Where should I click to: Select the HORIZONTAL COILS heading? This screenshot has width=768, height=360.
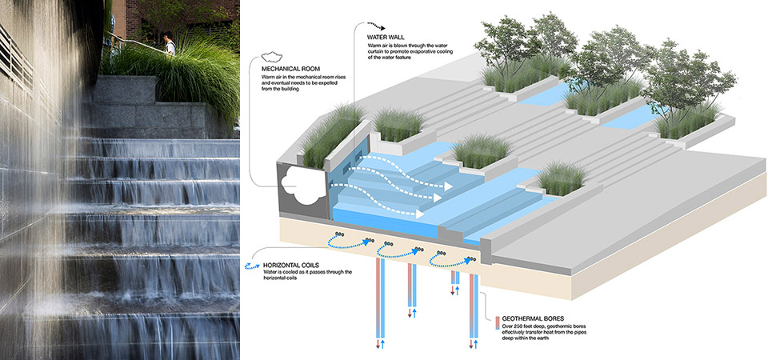(283, 264)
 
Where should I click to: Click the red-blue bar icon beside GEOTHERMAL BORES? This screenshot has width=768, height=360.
(498, 323)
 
